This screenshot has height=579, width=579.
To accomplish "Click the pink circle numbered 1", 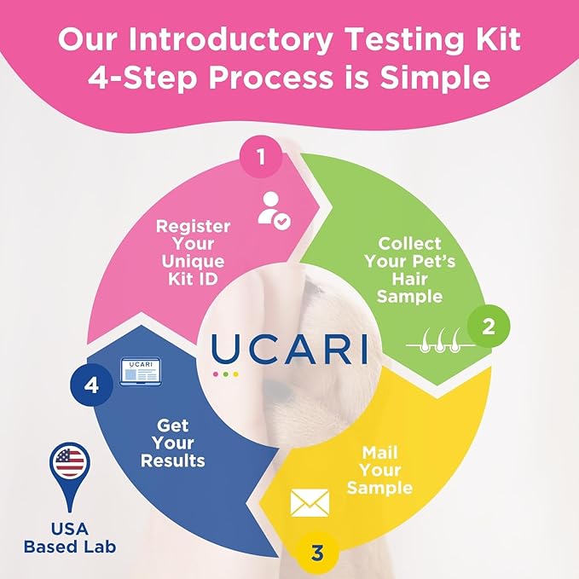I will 261,157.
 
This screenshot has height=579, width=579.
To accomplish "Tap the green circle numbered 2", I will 489,326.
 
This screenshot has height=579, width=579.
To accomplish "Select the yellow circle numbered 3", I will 317,553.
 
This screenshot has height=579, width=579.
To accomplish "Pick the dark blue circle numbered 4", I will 91,385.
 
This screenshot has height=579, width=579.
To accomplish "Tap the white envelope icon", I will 309,502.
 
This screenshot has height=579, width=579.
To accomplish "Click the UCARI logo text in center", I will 290,348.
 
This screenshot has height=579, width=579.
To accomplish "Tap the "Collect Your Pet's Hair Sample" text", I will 410,270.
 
